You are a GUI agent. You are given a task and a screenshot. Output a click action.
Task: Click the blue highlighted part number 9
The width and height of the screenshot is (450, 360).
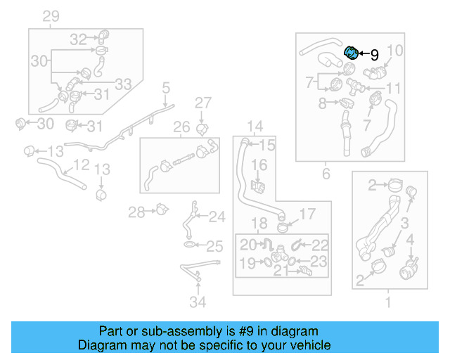(350, 52)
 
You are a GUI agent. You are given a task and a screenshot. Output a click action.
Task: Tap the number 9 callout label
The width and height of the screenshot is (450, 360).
(374, 54)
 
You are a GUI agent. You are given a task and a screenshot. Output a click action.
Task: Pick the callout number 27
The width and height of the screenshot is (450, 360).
(202, 103)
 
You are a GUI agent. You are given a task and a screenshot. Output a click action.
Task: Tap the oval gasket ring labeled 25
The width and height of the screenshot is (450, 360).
(191, 245)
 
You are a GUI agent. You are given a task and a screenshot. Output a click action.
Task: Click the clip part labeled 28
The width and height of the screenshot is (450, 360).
(163, 209)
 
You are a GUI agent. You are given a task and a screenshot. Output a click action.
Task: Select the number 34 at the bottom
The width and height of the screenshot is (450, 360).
(199, 303)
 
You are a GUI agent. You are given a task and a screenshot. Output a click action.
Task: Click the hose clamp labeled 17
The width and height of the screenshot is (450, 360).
(283, 226)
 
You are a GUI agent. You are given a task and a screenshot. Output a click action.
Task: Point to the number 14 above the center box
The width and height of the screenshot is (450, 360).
(254, 127)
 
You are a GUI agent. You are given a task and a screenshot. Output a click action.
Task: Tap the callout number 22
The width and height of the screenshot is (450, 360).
(320, 245)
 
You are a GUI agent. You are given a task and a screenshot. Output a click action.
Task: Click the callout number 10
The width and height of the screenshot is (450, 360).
(395, 51)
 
